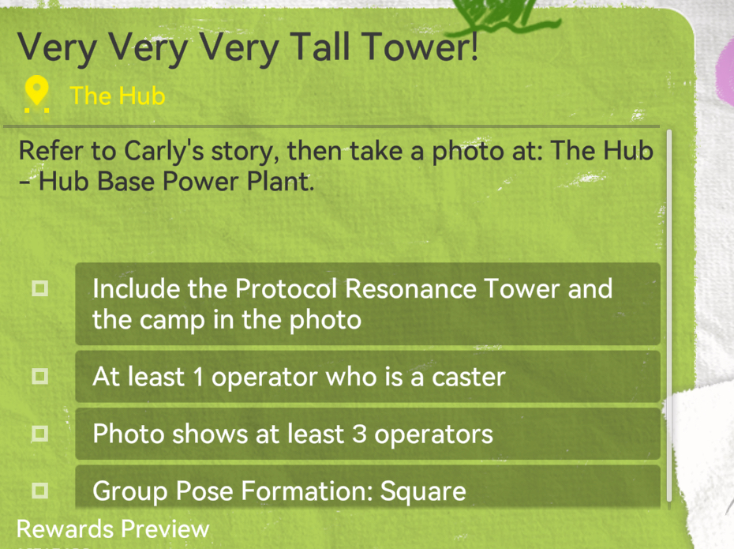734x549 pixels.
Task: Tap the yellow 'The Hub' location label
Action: [118, 96]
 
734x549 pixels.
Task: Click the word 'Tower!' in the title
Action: [421, 47]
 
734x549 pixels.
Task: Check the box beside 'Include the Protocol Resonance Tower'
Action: [39, 288]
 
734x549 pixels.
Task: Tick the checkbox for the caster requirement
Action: [39, 376]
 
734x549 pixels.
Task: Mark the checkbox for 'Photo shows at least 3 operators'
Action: [39, 434]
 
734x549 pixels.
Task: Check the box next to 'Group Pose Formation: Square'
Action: [39, 491]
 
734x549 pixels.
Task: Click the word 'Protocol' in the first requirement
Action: [286, 288]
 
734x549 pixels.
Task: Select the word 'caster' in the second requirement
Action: [469, 377]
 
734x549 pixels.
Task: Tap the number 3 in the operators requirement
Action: [359, 434]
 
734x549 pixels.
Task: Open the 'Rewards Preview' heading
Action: [113, 529]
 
